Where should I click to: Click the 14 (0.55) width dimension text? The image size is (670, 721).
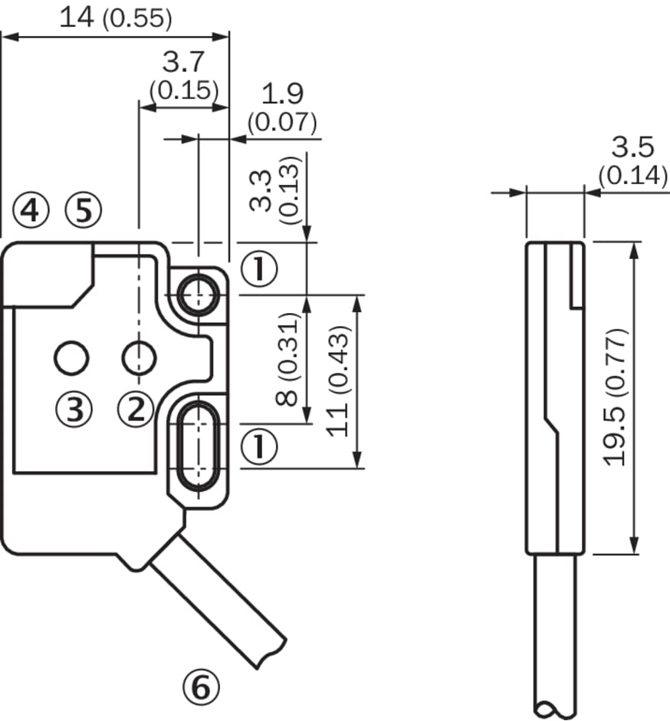[116, 17]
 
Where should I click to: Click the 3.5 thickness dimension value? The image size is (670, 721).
[632, 147]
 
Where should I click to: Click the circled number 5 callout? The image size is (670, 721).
[83, 210]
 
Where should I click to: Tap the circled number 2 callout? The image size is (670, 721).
[136, 410]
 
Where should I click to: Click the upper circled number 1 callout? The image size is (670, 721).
[258, 268]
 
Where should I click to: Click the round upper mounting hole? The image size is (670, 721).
[199, 294]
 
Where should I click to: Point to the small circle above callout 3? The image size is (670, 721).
[72, 357]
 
